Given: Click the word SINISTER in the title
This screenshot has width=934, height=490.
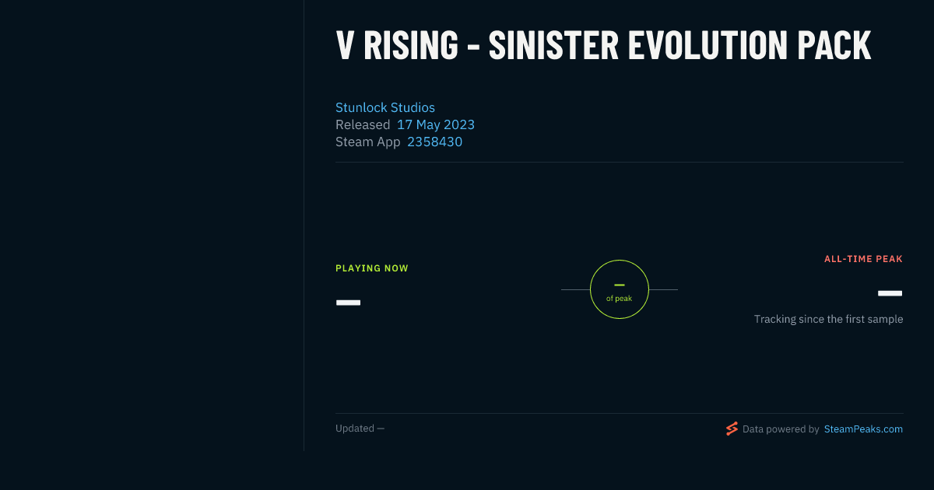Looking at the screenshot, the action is coord(553,45).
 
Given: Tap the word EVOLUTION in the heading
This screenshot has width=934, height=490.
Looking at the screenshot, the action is coord(708,45).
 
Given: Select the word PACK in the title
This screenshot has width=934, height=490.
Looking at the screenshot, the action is coord(834,45).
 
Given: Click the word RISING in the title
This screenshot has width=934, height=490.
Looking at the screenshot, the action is coord(411,45).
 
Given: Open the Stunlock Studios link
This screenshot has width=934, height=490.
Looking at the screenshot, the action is coord(384,107).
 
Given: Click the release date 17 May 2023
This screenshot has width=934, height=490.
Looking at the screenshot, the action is coord(436,124).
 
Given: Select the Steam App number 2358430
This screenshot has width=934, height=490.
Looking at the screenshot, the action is coord(434,142).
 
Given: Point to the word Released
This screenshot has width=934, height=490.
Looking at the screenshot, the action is coord(363,124).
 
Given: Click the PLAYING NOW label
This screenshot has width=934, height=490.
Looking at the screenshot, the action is coord(372,268).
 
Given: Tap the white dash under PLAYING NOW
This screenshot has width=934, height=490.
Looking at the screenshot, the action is coord(348,303).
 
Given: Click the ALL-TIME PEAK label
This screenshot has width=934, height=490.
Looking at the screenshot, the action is coord(863,259).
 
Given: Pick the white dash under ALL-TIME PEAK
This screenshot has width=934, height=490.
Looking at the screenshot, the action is coord(890,293).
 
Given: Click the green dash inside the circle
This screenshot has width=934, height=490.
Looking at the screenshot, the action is coord(620,285).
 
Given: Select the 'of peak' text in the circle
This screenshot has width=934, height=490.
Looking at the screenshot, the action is coord(620,299).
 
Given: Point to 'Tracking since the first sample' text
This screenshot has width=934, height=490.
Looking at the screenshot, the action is coord(828,319).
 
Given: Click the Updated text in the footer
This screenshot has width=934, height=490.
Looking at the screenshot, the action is coord(355,429).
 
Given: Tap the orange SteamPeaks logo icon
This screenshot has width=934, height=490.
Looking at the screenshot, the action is coord(732,429).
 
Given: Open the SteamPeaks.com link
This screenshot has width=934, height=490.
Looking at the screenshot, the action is coord(863,429).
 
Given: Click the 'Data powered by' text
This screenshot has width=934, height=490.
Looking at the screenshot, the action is coord(781,429).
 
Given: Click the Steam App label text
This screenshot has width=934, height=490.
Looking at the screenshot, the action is coord(367,142).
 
